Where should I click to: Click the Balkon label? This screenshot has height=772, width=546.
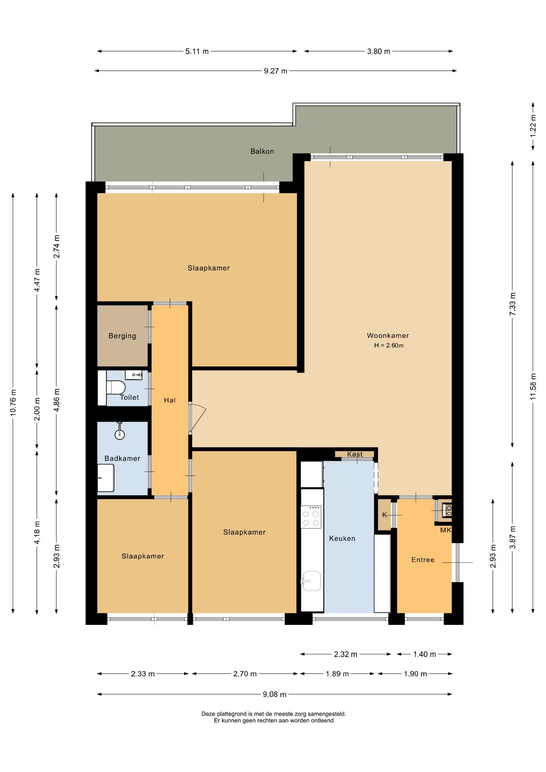(x=262, y=151)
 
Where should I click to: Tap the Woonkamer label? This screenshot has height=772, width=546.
(x=388, y=335)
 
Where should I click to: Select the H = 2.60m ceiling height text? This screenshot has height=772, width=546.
(x=388, y=345)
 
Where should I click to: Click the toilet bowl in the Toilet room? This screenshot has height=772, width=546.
(x=115, y=388)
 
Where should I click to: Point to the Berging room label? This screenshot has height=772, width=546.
(x=122, y=336)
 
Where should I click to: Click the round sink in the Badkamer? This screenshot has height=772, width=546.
(x=119, y=433)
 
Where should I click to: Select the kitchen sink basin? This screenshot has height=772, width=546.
(x=312, y=581)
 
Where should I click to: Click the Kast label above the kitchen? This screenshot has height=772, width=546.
(x=355, y=454)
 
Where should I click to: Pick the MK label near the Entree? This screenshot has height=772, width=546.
(x=445, y=530)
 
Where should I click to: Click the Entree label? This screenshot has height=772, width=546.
(x=423, y=560)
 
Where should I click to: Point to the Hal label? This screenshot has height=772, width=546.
(x=170, y=400)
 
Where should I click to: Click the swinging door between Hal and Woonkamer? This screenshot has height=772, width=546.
(x=197, y=418)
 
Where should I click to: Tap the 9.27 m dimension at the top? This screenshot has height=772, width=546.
(x=275, y=71)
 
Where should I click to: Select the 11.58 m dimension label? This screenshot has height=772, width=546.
(x=533, y=386)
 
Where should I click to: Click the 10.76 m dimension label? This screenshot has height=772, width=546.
(x=13, y=402)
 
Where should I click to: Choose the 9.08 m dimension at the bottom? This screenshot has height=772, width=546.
(x=275, y=694)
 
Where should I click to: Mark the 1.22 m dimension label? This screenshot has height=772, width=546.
(x=533, y=126)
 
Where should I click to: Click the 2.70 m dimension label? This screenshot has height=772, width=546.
(x=245, y=673)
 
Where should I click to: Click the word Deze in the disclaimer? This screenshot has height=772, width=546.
(x=208, y=714)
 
